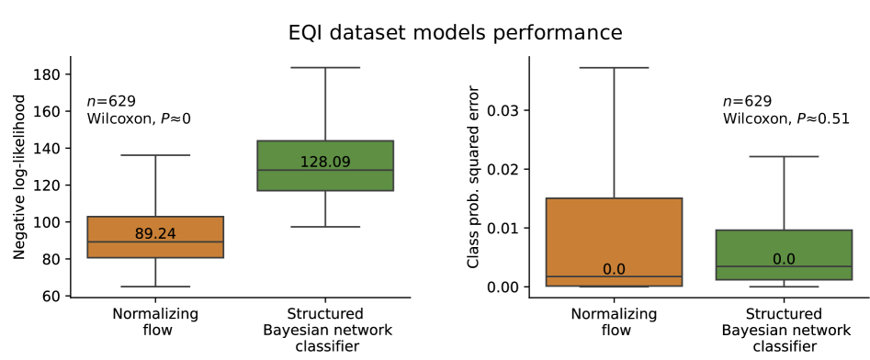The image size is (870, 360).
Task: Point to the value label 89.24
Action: click(155, 234)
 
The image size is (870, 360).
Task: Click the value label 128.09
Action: click(325, 163)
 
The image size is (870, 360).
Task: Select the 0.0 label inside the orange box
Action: click(614, 269)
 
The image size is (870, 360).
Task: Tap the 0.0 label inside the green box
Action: click(784, 259)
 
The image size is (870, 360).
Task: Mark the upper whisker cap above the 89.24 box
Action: click(155, 155)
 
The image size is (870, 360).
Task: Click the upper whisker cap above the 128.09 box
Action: click(325, 67)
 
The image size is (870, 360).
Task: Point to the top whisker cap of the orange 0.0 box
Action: click(614, 67)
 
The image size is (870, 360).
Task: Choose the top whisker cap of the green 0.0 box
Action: click(784, 156)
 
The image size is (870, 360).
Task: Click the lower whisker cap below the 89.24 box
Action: click(155, 287)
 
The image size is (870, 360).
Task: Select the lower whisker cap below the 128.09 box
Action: click(325, 226)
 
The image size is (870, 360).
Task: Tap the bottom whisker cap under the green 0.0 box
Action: click(784, 287)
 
